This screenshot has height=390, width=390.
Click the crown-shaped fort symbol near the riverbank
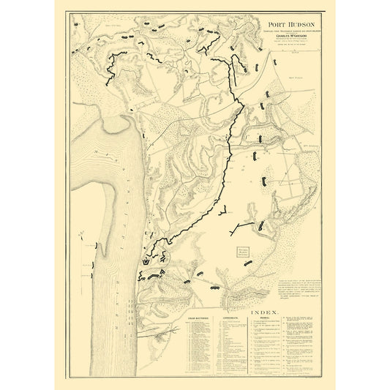coord(150,260)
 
